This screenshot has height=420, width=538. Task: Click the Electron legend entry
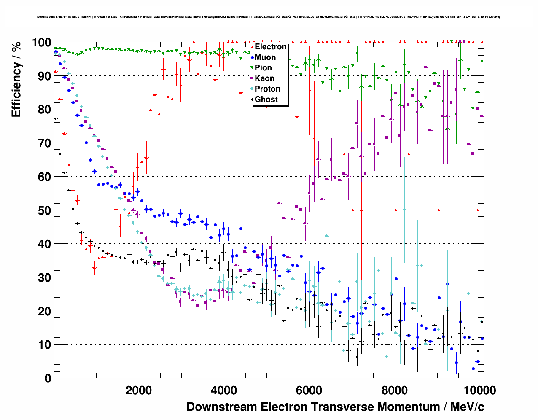(x=270, y=47)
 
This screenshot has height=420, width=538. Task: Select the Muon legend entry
(x=265, y=57)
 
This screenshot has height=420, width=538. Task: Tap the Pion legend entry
(x=263, y=68)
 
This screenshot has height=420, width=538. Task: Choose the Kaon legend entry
(x=264, y=78)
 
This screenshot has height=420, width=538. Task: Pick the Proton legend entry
(x=267, y=89)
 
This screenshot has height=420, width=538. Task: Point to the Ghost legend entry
(x=266, y=100)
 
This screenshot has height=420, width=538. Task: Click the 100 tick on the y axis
(x=41, y=43)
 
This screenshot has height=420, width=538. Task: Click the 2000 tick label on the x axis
(x=139, y=390)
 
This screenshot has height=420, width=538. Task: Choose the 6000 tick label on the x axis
(x=309, y=390)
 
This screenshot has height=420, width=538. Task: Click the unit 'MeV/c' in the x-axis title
(x=467, y=407)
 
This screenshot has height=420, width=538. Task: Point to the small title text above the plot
(x=269, y=17)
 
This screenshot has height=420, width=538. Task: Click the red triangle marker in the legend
(x=252, y=47)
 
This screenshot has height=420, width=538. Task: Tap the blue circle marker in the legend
(x=252, y=57)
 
